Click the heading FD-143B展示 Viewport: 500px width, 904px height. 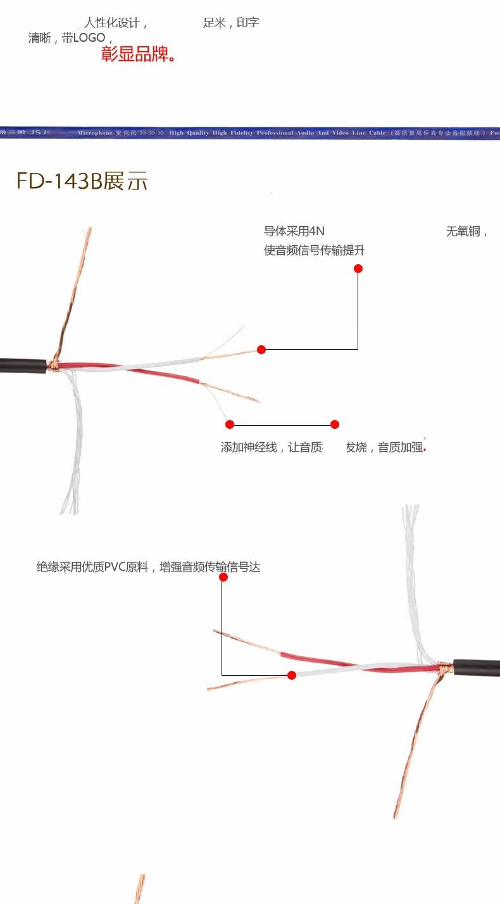coord(82,181)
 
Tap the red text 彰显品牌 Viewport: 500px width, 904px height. coord(138,54)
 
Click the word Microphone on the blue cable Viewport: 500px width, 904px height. coord(94,133)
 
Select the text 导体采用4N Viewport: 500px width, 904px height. coord(294,232)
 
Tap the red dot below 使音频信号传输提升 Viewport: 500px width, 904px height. coord(358,269)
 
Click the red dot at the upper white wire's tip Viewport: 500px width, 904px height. coord(261,349)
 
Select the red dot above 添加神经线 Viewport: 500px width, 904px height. coord(230,424)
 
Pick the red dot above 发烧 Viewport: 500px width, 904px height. coord(335,424)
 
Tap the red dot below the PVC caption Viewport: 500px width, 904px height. coord(223,577)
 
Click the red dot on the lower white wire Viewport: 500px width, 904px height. coord(292,675)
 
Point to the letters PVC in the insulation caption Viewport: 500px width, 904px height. coord(115,568)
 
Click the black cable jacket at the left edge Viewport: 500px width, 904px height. coord(22,366)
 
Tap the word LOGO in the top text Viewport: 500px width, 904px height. coord(89,38)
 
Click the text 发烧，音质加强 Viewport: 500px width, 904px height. coord(384,448)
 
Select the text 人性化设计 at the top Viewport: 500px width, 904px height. coord(112,23)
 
